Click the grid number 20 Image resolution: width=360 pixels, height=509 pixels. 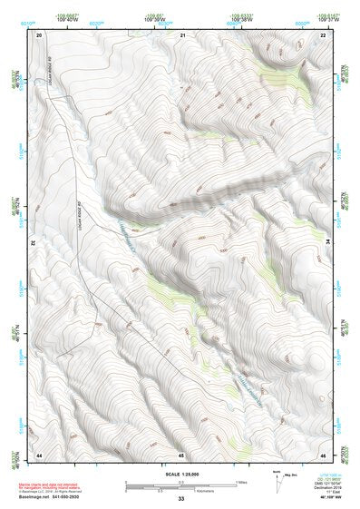point(40,34)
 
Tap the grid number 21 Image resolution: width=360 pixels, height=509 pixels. point(182,34)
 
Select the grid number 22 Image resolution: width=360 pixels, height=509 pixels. point(324,34)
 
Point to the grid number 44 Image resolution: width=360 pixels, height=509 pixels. point(40,454)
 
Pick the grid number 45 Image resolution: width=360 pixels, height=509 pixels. point(182,454)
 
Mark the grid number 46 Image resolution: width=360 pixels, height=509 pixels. point(324,454)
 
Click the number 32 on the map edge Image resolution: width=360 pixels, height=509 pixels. point(34,243)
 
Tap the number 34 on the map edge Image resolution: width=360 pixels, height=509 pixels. point(329,243)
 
